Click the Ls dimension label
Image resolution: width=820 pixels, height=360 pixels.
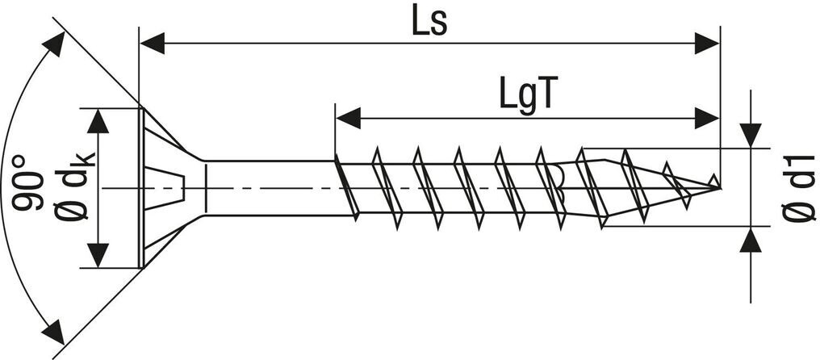coord(429,22)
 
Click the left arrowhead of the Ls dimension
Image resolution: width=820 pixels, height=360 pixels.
coord(153,44)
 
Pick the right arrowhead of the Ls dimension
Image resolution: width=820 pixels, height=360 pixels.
coord(706,44)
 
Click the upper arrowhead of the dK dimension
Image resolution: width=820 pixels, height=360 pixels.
coord(98,120)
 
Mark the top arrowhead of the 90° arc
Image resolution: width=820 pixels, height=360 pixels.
coord(55,45)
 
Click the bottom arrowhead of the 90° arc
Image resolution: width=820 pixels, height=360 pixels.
coord(55,331)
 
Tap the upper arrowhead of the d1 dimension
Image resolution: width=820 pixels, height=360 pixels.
coord(751,136)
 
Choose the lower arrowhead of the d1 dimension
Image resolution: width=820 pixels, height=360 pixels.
coord(751,241)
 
